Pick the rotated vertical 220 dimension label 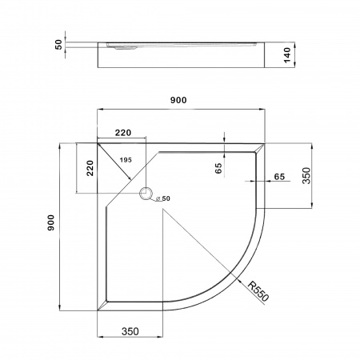click(90, 168)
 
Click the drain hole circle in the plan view click(146, 194)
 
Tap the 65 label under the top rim click(218, 169)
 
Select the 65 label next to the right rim click(278, 176)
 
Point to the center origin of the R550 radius click(162, 210)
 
